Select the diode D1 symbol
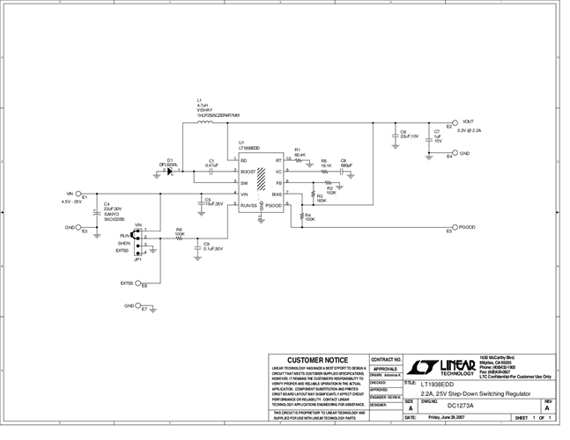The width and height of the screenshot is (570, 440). [168, 171]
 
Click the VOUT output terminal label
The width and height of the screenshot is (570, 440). [468, 121]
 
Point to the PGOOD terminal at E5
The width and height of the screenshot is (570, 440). [467, 227]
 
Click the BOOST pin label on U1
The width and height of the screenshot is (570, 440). [248, 171]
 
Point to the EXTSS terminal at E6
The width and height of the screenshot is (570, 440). [127, 283]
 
